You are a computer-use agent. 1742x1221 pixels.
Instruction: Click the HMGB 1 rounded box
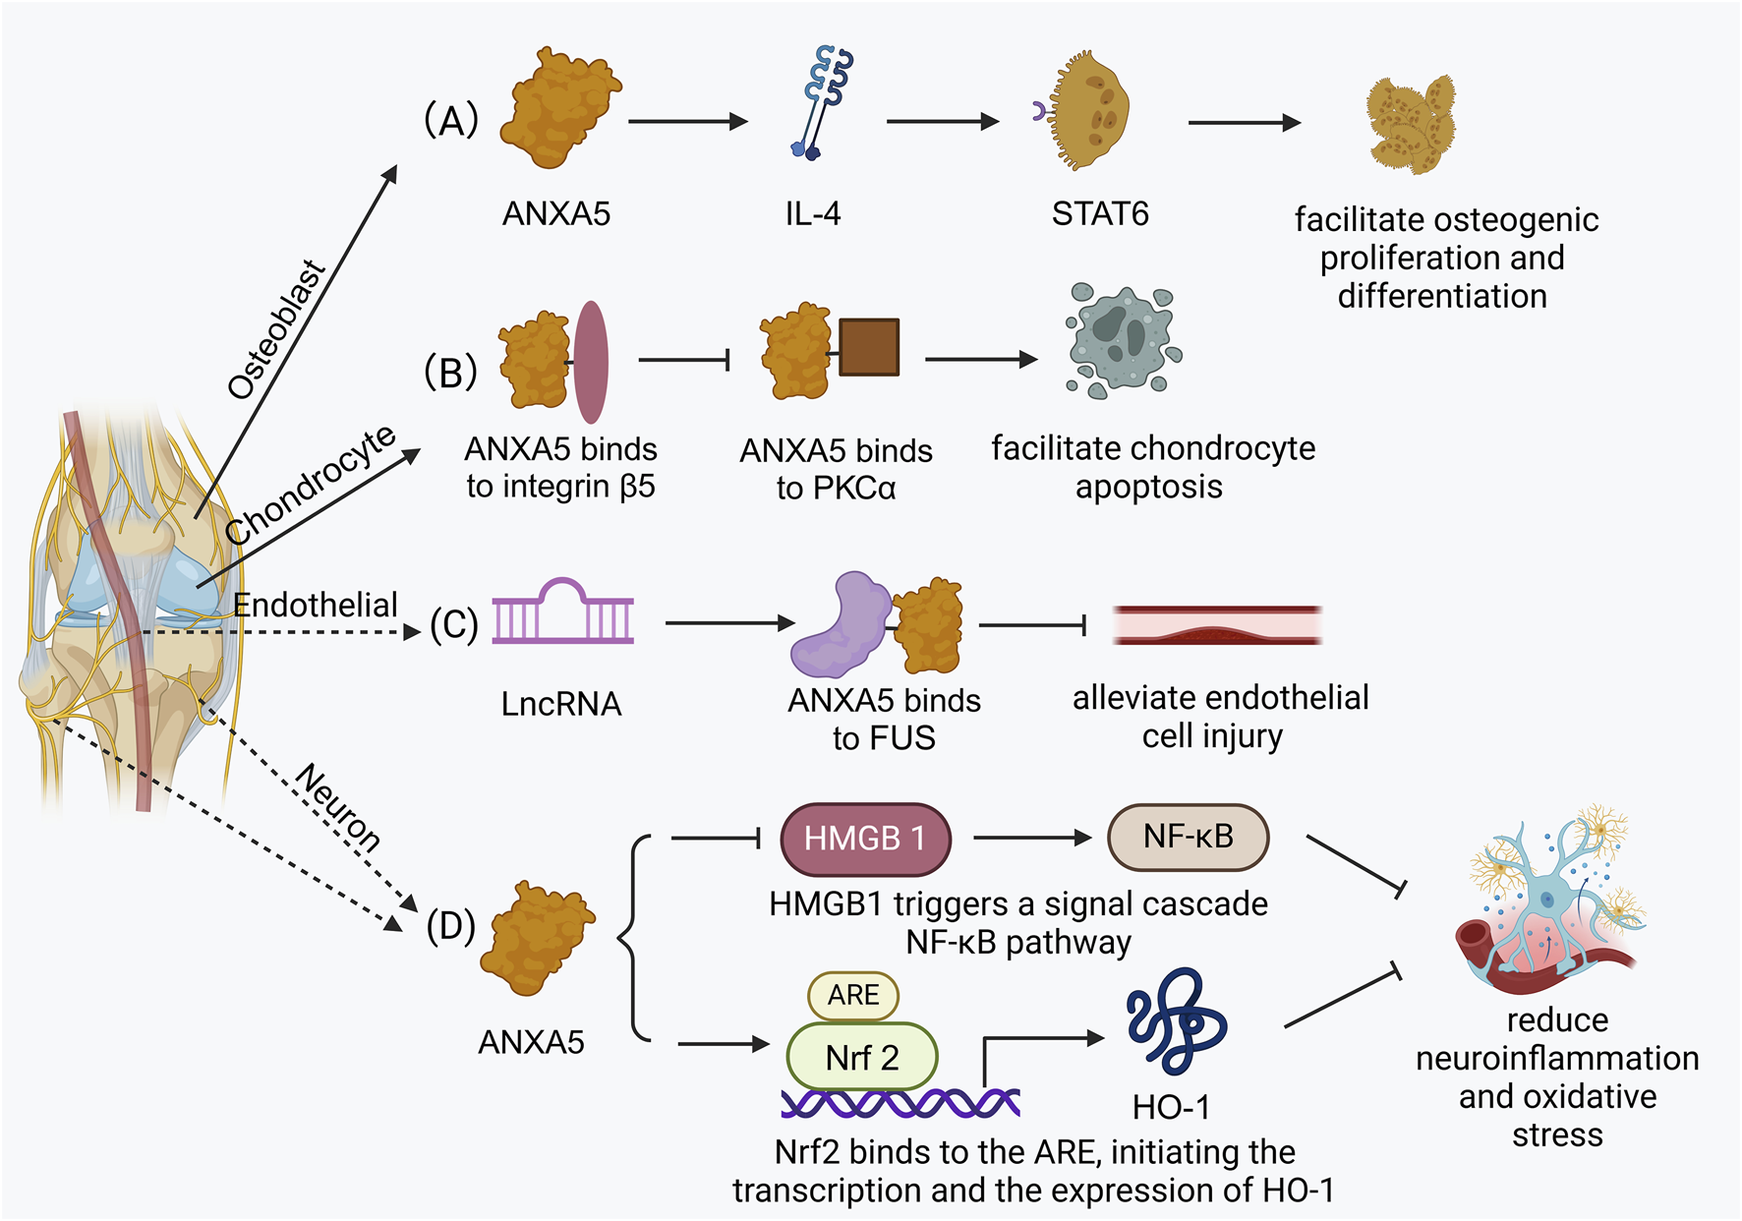865,839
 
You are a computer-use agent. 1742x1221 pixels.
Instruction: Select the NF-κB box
1188,837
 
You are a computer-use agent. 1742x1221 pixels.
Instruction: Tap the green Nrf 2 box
861,1057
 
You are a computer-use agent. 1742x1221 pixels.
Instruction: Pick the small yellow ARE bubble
852,995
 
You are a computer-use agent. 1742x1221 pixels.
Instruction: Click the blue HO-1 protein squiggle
1176,1021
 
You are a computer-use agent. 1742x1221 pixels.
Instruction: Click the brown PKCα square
869,347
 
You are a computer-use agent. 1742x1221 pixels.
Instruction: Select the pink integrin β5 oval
591,362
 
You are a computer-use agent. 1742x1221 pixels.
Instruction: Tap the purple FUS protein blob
840,626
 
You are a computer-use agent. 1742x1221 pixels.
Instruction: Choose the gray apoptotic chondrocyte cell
1122,340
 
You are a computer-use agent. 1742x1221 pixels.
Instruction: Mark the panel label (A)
450,121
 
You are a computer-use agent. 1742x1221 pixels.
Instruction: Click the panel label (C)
453,625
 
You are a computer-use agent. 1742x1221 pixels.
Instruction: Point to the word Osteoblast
276,330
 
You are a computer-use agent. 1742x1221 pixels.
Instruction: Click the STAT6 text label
1099,213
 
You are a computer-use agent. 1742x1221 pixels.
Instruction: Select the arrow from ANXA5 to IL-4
687,122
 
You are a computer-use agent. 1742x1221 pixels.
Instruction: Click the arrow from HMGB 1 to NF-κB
1031,838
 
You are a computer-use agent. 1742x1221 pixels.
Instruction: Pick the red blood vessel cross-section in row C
1216,625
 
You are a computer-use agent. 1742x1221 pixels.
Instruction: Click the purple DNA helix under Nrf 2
900,1104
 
